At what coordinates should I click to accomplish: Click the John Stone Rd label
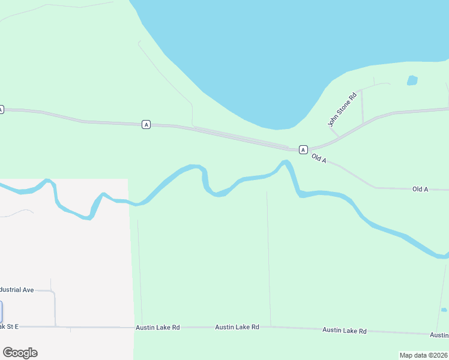coord(342,109)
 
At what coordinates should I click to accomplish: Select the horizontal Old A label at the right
coord(420,189)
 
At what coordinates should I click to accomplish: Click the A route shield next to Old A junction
coord(303,149)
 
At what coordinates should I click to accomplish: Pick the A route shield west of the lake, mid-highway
coord(146,124)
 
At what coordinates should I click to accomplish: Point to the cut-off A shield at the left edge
coord(1,109)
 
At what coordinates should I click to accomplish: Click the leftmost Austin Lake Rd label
coord(158,328)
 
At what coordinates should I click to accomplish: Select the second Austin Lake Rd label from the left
coord(237,327)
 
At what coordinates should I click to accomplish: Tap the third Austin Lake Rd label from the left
coord(344,330)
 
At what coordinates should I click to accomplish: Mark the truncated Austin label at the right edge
coord(440,334)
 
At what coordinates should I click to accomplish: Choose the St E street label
coord(9,326)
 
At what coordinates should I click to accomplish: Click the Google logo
coord(20,353)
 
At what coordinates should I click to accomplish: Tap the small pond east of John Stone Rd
coord(412,80)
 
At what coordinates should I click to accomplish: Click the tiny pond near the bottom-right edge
coord(444,310)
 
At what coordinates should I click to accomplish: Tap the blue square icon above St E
coord(1,312)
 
